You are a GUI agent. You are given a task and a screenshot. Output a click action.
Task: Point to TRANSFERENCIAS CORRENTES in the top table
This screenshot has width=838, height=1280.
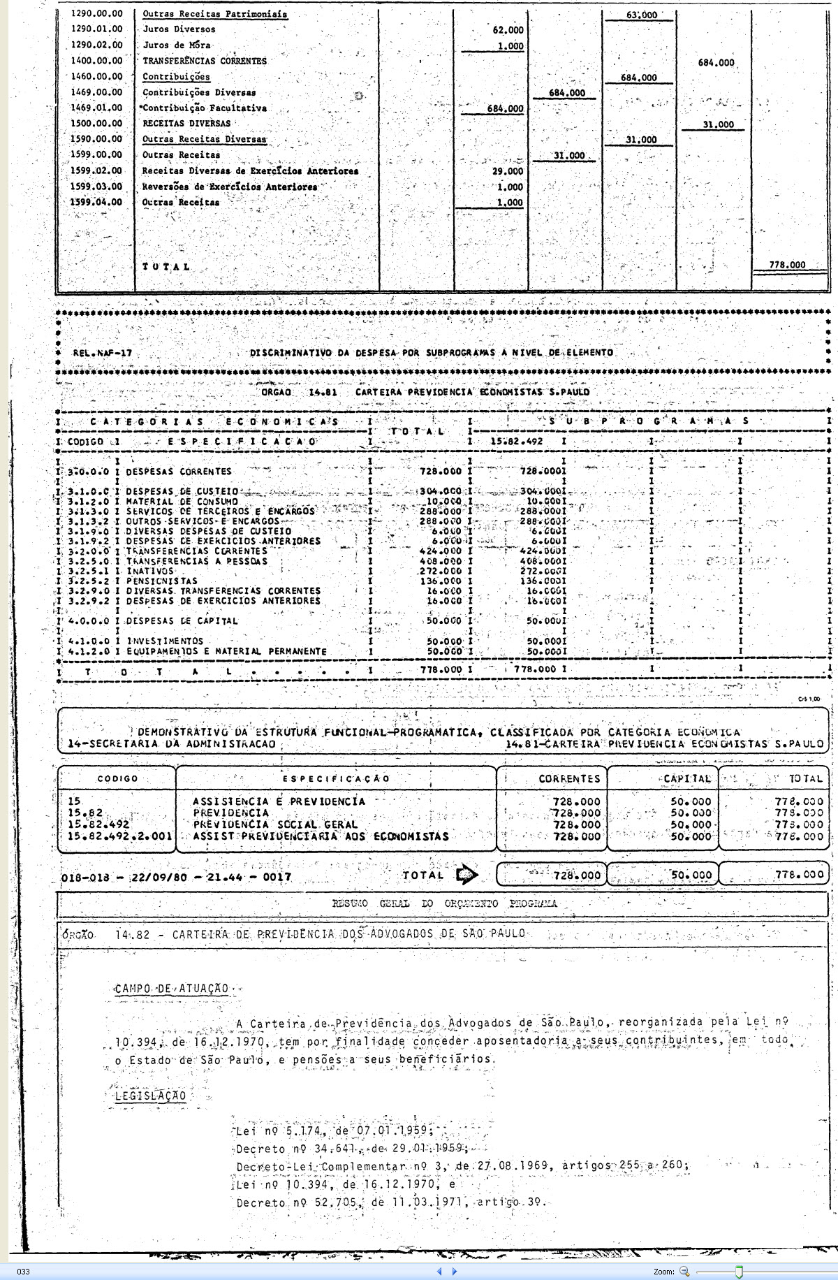click(205, 61)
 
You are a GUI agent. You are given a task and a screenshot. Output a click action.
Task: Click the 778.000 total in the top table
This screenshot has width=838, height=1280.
click(787, 266)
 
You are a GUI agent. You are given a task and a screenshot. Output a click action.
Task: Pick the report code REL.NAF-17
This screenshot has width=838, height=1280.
click(103, 353)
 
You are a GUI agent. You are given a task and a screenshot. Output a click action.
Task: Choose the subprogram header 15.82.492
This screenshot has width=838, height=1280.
click(516, 442)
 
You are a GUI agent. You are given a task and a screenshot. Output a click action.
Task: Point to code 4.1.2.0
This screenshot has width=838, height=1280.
click(89, 651)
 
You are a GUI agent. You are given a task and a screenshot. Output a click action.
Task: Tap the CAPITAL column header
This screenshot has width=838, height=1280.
click(687, 778)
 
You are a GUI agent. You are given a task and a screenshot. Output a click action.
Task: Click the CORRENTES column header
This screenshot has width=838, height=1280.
click(569, 778)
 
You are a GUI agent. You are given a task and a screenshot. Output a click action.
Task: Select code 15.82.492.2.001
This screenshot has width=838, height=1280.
click(116, 836)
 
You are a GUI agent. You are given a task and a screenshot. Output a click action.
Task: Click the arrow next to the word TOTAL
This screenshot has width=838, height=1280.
click(466, 875)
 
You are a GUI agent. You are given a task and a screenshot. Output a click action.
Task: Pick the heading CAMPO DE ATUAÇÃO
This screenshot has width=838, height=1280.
click(172, 989)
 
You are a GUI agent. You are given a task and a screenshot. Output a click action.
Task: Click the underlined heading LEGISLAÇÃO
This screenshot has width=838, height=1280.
click(151, 1096)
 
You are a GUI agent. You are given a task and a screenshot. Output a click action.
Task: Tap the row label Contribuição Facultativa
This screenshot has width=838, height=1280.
click(205, 108)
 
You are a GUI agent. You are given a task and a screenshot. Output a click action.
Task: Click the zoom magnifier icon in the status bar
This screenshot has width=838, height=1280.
click(684, 1272)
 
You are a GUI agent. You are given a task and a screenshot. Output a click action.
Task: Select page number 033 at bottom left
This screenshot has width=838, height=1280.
click(23, 1272)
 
